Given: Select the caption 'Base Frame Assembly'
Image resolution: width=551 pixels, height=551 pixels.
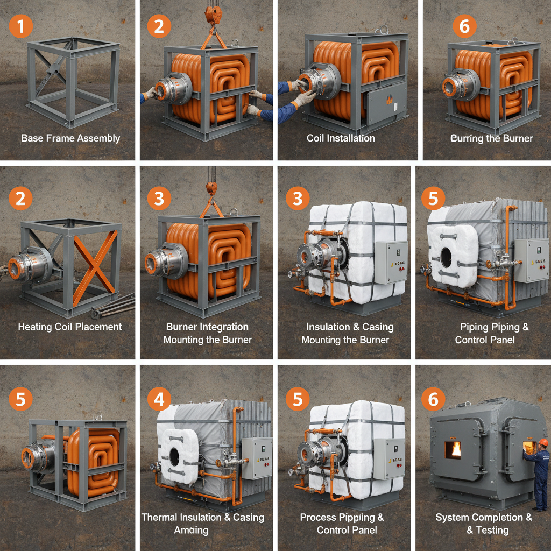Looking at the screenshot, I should point(70,138).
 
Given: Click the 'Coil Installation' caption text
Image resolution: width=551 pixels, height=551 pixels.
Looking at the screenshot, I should point(341,138).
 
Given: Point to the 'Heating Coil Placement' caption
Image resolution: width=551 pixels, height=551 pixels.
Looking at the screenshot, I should point(70,327).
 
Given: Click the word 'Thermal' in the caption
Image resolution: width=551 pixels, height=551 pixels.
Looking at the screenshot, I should point(161,517).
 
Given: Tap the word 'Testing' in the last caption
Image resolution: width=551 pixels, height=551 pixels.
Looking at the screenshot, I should point(492,530).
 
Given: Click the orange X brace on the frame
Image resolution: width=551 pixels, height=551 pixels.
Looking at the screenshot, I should point(95,266).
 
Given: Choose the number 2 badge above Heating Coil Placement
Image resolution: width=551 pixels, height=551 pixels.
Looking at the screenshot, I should point(20,199).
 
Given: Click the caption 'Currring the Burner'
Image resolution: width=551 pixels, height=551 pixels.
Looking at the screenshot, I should point(491,138).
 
